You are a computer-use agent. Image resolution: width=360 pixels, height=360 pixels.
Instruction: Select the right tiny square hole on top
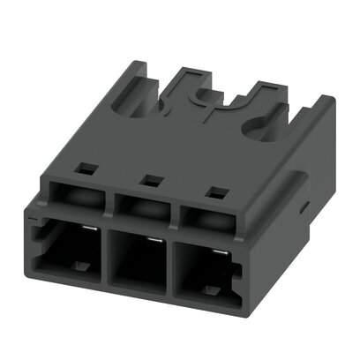click(x=211, y=191)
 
